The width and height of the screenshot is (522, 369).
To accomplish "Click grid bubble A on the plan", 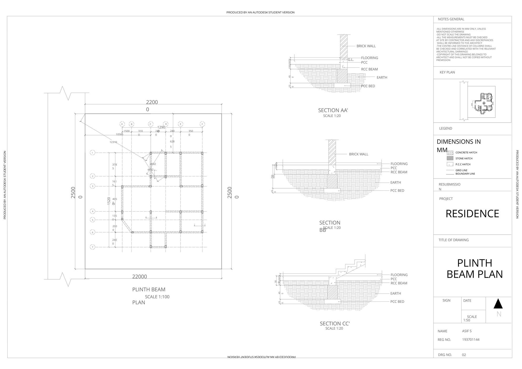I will [x=122, y=124].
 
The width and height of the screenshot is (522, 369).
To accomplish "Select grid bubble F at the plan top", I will [x=202, y=124].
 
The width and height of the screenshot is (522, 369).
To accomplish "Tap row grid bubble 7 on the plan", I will [x=93, y=247].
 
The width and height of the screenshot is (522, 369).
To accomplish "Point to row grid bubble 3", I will [x=93, y=186].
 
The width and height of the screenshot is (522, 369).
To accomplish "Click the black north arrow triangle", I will [x=498, y=304].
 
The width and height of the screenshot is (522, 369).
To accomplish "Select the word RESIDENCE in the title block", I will [x=472, y=214].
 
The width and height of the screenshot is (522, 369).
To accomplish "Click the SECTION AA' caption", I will [x=333, y=110].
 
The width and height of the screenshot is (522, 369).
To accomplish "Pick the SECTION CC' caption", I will [x=335, y=323].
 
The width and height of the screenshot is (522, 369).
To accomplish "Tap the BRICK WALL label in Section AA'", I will [x=366, y=46].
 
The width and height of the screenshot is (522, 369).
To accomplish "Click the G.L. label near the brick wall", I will [x=351, y=60].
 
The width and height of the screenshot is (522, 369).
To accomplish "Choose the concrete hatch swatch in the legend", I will [x=450, y=153].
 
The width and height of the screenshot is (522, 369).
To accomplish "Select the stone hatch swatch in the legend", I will [x=450, y=158].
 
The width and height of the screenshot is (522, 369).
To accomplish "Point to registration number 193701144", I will [x=470, y=340].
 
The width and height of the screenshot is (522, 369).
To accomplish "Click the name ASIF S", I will [x=467, y=331].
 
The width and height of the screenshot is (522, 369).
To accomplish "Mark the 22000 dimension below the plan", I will [x=139, y=277].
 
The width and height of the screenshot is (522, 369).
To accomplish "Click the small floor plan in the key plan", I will [x=483, y=103].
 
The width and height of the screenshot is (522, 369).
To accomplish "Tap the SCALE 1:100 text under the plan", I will [x=157, y=297].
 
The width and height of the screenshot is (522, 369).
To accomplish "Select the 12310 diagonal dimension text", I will [x=113, y=142].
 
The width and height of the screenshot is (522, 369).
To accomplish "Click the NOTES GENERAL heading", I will [x=451, y=19].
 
